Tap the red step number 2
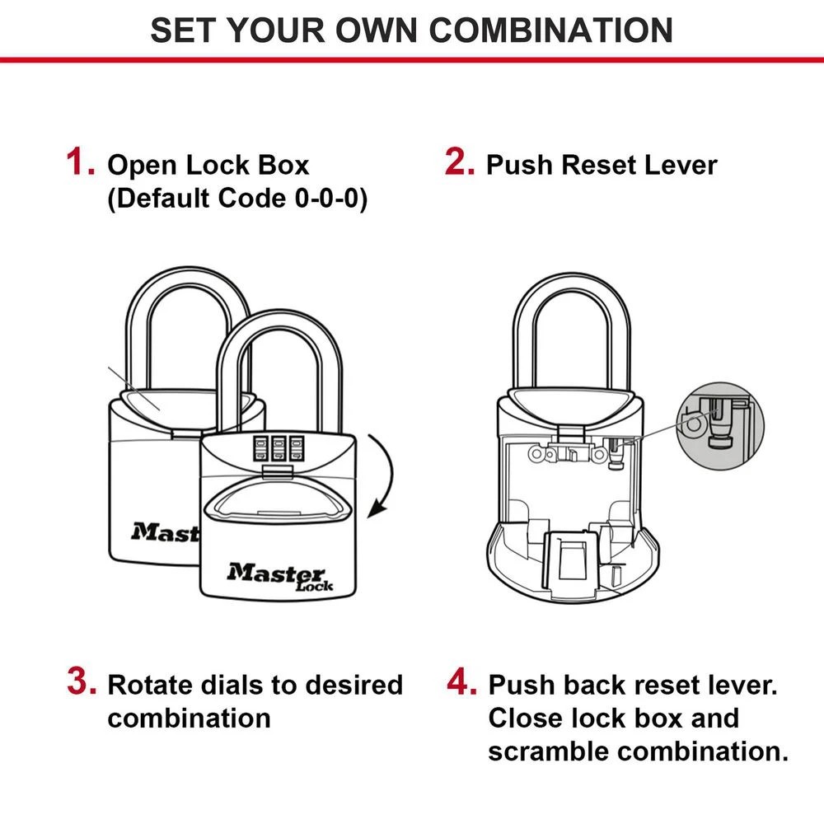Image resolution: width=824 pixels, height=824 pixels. pyautogui.click(x=460, y=162)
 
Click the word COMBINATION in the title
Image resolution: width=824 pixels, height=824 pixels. pyautogui.click(x=550, y=30)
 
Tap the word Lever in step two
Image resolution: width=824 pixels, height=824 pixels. pyautogui.click(x=681, y=165)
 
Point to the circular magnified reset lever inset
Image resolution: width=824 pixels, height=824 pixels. pyautogui.click(x=720, y=425)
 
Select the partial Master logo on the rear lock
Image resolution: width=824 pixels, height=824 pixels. pyautogui.click(x=165, y=532)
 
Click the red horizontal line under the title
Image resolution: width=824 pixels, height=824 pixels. pyautogui.click(x=412, y=59)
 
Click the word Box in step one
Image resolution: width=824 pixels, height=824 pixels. pyautogui.click(x=284, y=165)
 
